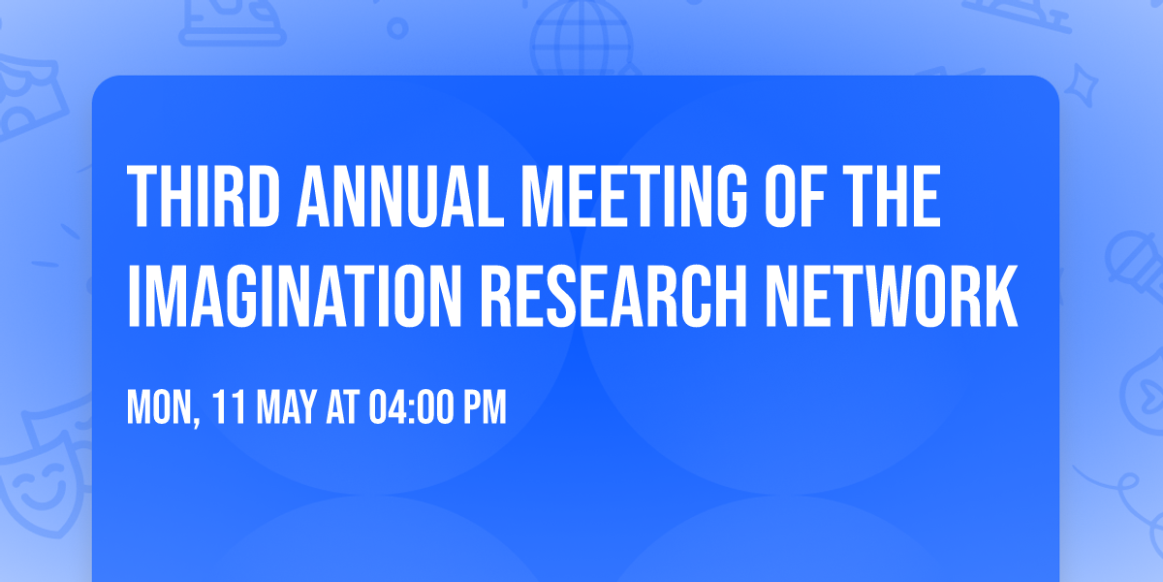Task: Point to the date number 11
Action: tap(226, 408)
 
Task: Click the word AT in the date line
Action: tap(342, 408)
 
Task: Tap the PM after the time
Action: tap(486, 408)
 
